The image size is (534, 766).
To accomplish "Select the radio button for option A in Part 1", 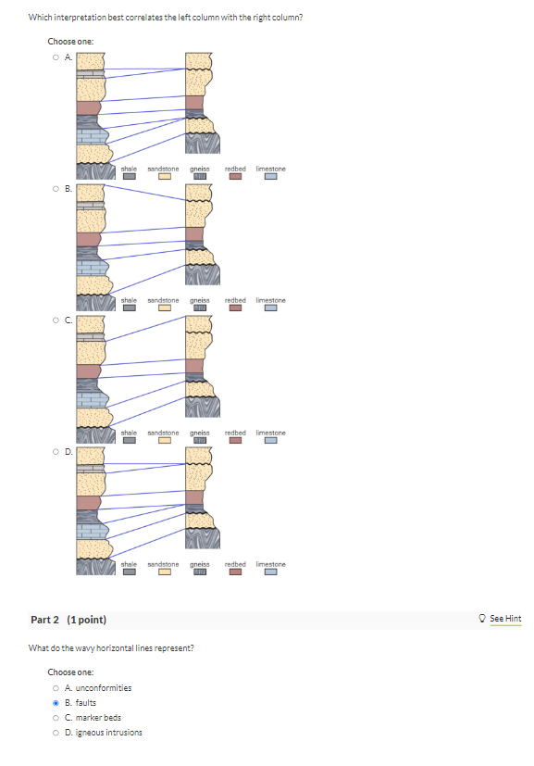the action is click(x=56, y=57).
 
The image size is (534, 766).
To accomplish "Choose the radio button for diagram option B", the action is click(x=56, y=189).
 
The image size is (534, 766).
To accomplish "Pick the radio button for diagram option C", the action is click(x=56, y=320).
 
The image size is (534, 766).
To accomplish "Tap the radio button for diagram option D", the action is click(x=56, y=451).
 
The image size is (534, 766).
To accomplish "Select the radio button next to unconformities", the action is click(x=56, y=688).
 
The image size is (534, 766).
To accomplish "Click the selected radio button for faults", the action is click(x=56, y=703).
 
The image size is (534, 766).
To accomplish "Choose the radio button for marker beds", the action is click(x=56, y=718).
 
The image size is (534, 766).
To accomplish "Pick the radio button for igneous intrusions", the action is click(x=56, y=733).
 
